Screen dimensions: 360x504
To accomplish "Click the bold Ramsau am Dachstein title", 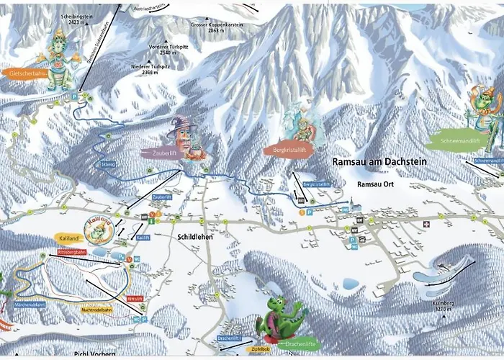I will [379, 163].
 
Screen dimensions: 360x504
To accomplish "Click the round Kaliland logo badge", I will [97, 229].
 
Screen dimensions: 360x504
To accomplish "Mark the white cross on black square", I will [425, 224].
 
